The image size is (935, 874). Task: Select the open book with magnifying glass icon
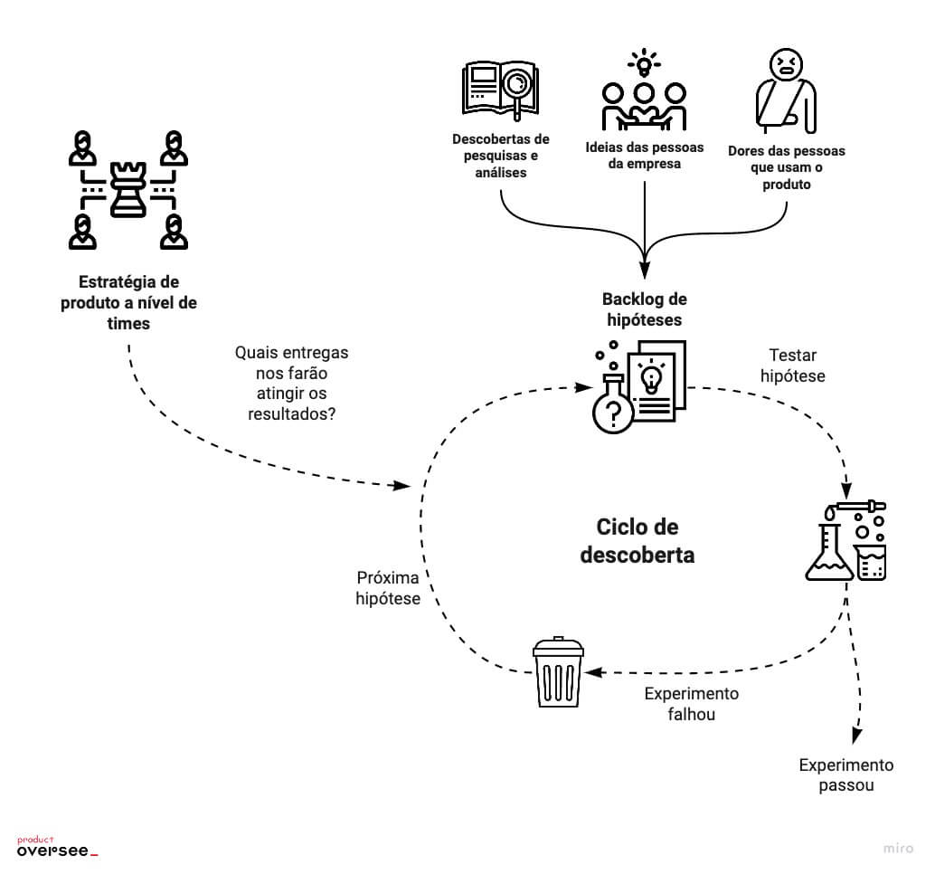pyautogui.click(x=500, y=90)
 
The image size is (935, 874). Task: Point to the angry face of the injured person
pyautogui.click(x=785, y=63)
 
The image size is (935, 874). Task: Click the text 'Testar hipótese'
pyautogui.click(x=792, y=365)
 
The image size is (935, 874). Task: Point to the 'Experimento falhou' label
pyautogui.click(x=691, y=703)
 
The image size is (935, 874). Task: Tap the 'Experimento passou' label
pyautogui.click(x=845, y=774)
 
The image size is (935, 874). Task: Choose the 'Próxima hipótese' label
pyautogui.click(x=388, y=587)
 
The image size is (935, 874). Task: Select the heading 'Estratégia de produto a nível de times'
pyautogui.click(x=128, y=302)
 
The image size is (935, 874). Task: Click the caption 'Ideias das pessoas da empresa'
pyautogui.click(x=643, y=156)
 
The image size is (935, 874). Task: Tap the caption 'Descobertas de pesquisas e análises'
pyautogui.click(x=500, y=156)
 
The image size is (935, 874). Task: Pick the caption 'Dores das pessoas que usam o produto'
pyautogui.click(x=786, y=167)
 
